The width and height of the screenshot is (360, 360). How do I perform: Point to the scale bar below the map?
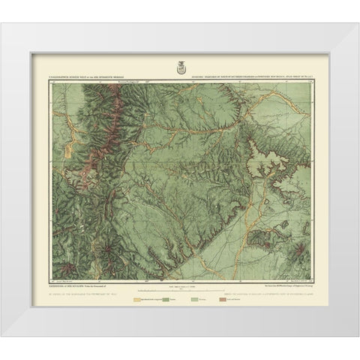pos(180,287)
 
